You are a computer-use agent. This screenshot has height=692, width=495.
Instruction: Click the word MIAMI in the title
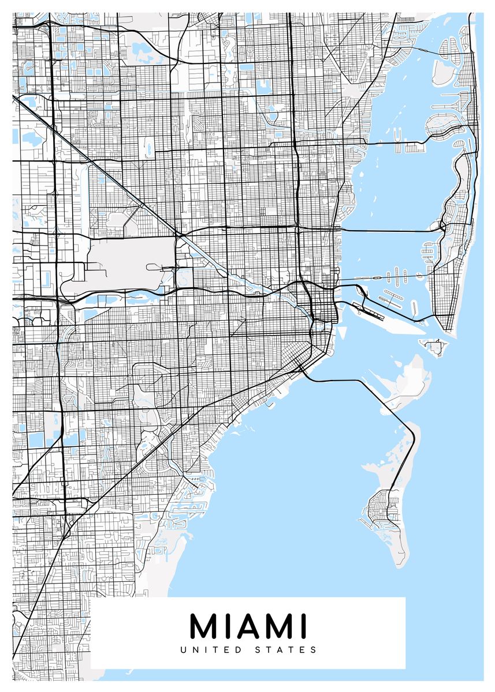[248, 626]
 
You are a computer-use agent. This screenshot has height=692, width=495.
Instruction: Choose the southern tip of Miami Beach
[448, 332]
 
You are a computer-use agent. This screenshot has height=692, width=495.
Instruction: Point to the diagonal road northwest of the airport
[98, 161]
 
